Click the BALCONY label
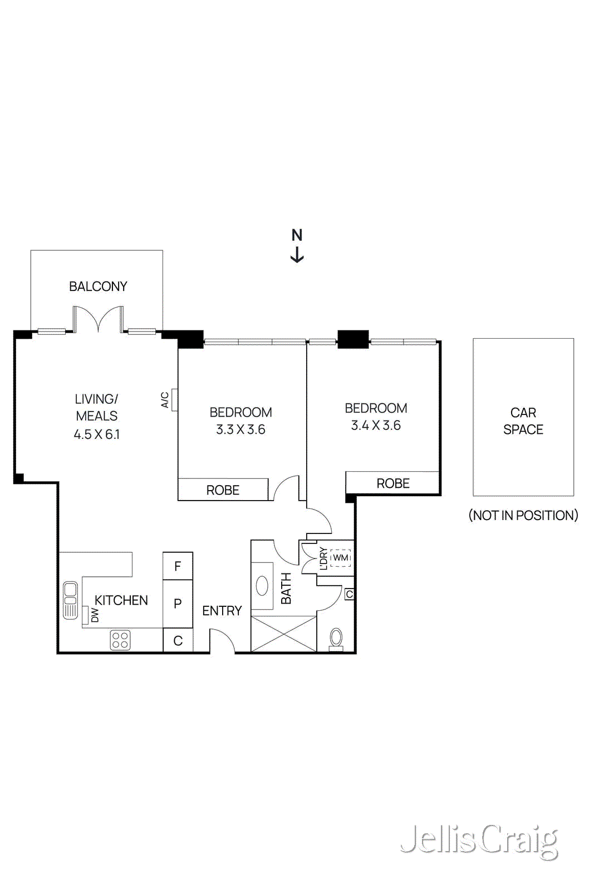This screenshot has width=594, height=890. tap(98, 286)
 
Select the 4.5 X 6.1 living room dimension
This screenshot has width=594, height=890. tap(97, 434)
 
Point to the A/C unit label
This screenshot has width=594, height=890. tap(165, 400)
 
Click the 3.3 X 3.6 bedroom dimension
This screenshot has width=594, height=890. tap(240, 429)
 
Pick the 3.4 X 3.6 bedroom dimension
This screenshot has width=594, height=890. tap(376, 426)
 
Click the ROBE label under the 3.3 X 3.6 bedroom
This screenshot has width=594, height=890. tap(223, 490)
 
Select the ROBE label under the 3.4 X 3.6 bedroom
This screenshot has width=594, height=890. tap(393, 483)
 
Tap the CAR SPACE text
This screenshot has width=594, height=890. tap(523, 421)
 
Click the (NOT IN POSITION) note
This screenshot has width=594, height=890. tap(523, 515)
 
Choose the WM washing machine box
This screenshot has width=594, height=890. tap(340, 558)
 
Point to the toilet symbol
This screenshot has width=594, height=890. tap(336, 638)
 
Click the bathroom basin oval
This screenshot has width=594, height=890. tap(262, 586)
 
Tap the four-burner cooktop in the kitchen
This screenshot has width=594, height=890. tap(120, 640)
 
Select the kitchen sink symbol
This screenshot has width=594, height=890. tap(70, 600)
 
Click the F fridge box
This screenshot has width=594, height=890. tap(178, 566)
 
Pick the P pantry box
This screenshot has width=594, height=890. tap(178, 604)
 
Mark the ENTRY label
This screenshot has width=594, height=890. tap(222, 611)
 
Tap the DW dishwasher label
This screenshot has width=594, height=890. tap(95, 615)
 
